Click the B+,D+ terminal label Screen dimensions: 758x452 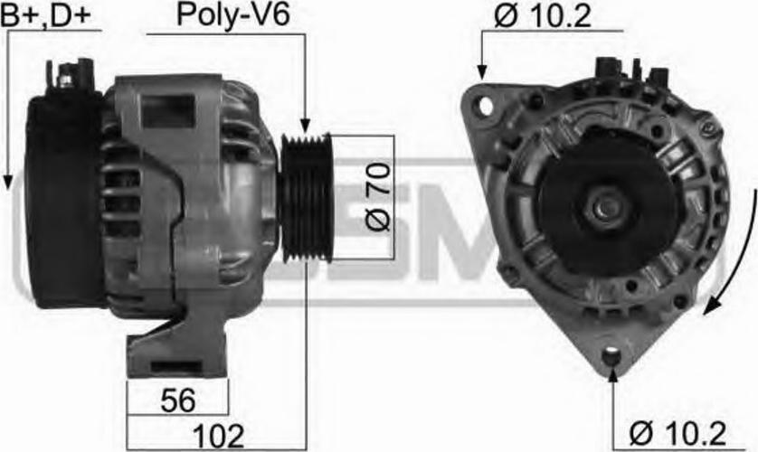click(46, 15)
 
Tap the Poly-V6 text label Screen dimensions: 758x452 click(233, 15)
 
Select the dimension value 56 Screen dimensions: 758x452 click(178, 400)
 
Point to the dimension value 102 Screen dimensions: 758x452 click(218, 436)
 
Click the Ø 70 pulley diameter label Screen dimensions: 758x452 click(377, 196)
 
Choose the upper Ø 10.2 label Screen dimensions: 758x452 click(543, 16)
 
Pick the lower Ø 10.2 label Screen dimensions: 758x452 click(677, 433)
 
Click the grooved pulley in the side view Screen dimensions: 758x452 click(307, 198)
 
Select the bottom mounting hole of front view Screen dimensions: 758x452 click(611, 358)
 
